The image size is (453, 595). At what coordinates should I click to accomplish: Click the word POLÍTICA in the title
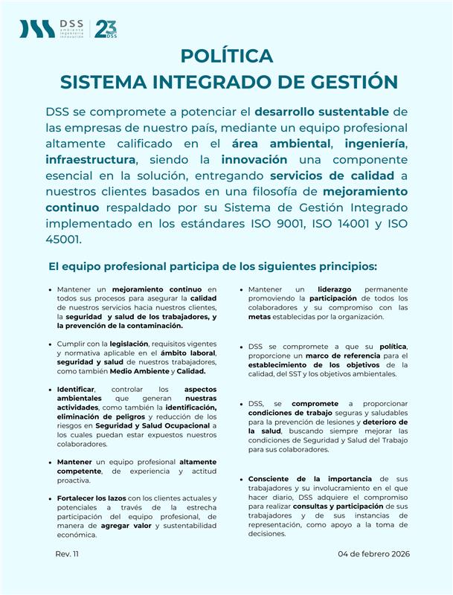[227, 57]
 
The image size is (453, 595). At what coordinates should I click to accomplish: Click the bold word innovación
[254, 159]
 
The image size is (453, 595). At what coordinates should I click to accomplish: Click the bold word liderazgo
[327, 289]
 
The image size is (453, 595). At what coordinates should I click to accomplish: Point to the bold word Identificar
[76, 389]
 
